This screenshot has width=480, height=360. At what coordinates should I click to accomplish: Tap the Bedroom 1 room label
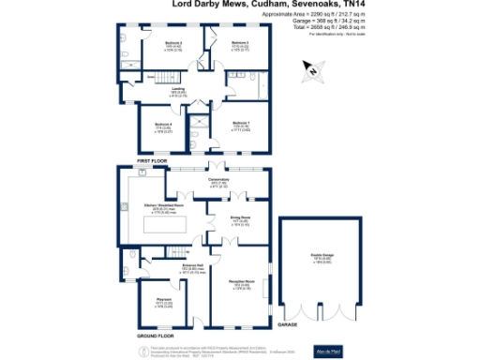[x=240, y=123]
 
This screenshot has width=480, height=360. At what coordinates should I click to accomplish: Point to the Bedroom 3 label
[x=240, y=43]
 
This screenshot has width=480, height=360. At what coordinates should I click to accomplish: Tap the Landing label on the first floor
[x=177, y=87]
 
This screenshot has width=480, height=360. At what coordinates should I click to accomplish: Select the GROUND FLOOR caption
[x=155, y=335]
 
